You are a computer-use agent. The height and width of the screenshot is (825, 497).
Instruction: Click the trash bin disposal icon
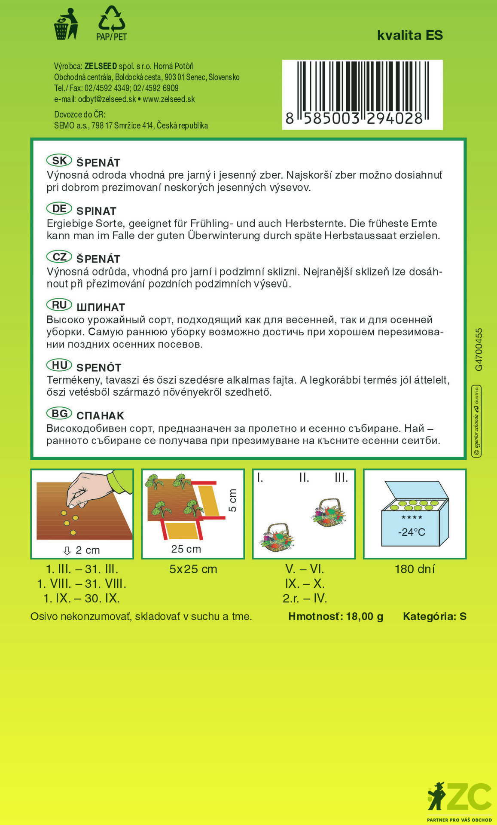point(65,24)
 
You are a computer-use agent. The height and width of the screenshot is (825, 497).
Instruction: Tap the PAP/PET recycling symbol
point(112,24)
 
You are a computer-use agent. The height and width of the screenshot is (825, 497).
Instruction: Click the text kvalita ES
point(410,35)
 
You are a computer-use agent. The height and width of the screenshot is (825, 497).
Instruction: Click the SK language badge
point(59,161)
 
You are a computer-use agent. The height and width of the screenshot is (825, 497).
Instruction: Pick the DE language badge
point(59,209)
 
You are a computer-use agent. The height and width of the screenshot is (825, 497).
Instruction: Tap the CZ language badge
point(59,257)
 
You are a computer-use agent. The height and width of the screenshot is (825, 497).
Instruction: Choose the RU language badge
point(59,305)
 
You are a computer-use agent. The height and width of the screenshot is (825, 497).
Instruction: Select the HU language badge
point(59,366)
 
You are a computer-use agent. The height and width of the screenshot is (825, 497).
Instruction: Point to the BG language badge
point(59,414)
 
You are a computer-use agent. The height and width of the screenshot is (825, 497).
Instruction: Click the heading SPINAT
point(96,211)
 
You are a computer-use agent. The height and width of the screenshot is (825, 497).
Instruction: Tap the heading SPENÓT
point(99,368)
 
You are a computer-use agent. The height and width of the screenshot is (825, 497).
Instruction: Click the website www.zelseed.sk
point(169,99)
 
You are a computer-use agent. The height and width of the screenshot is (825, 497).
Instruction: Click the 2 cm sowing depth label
point(87,550)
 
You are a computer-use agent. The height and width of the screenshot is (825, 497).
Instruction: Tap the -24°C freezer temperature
point(412,532)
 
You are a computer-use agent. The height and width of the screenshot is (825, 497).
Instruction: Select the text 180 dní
point(415,569)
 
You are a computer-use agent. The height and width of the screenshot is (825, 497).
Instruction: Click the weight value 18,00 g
point(364,617)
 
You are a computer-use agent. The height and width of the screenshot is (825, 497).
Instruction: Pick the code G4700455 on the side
point(479,349)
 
